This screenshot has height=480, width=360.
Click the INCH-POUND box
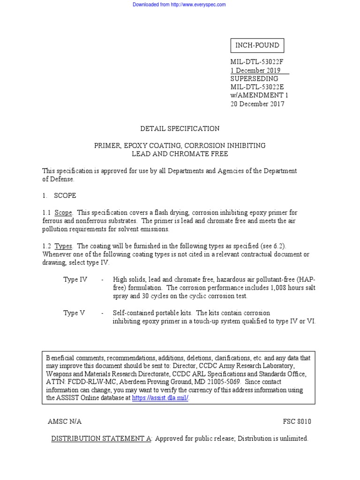pyautogui.click(x=257, y=45)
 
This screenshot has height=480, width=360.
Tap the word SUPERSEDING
pyautogui.click(x=254, y=79)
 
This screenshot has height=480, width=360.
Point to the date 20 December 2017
pyautogui.click(x=257, y=104)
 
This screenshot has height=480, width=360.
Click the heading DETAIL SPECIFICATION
pyautogui.click(x=180, y=128)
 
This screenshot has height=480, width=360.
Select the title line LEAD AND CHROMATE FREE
pyautogui.click(x=180, y=154)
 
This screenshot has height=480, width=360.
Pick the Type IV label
pyautogui.click(x=75, y=280)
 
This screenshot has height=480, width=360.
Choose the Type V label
pyautogui.click(x=74, y=313)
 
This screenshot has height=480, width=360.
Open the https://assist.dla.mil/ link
pyautogui.click(x=160, y=398)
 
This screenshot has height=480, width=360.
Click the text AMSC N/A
pyautogui.click(x=65, y=421)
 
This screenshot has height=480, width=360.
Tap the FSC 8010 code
pyautogui.click(x=297, y=421)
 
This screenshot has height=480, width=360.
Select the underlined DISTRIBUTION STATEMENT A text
pyautogui.click(x=101, y=439)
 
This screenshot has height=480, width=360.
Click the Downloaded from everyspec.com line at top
pyautogui.click(x=180, y=5)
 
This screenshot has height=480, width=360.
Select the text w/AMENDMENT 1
pyautogui.click(x=259, y=96)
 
